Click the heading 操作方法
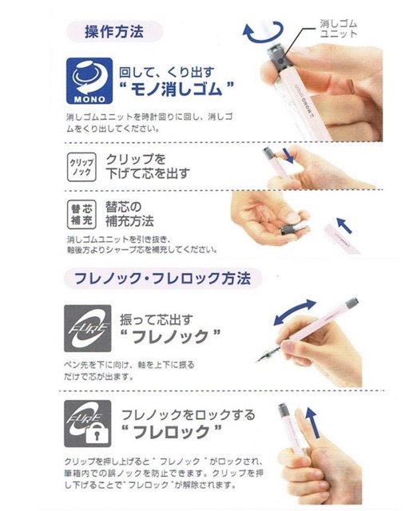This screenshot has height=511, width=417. pyautogui.click(x=113, y=32)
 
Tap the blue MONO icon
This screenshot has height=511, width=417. pyautogui.click(x=89, y=81)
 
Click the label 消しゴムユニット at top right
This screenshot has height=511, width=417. pyautogui.click(x=339, y=29)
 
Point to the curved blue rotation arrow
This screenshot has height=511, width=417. pyautogui.click(x=263, y=32)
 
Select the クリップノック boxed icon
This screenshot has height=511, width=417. pyautogui.click(x=81, y=167)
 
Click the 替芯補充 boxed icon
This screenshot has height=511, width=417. pyautogui.click(x=81, y=214)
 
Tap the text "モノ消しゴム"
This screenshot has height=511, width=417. pyautogui.click(x=177, y=89)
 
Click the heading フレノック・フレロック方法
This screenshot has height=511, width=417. pyautogui.click(x=163, y=279)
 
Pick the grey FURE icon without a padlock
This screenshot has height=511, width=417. pyautogui.click(x=87, y=328)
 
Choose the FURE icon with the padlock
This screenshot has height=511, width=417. pyautogui.click(x=87, y=424)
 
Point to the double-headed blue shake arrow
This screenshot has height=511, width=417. pyautogui.click(x=295, y=311)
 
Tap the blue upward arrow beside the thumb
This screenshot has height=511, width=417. pyautogui.click(x=313, y=422)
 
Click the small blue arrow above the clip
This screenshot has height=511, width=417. pyautogui.click(x=288, y=156)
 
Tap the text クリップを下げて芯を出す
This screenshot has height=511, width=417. pyautogui.click(x=147, y=166)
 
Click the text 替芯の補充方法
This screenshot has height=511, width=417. pyautogui.click(x=129, y=214)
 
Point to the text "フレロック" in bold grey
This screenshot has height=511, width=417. pyautogui.click(x=171, y=432)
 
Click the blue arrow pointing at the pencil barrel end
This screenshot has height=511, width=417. pyautogui.click(x=344, y=225)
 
